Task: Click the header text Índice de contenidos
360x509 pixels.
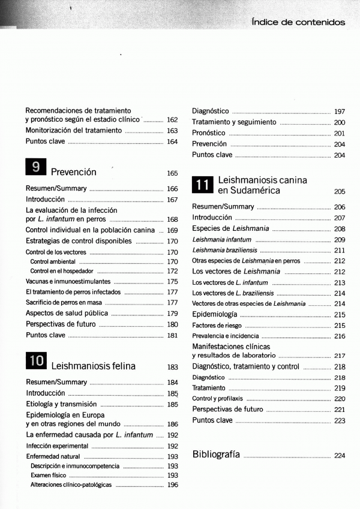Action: point(298,22)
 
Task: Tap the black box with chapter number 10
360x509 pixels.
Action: point(36,361)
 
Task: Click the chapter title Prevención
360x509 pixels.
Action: point(74,172)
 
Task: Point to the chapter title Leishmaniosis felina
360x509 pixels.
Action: point(94,366)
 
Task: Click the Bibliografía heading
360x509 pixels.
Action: point(216,454)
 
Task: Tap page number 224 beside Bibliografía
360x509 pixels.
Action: point(340,456)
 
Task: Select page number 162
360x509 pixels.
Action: point(172,120)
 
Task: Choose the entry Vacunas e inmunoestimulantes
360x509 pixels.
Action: point(68,281)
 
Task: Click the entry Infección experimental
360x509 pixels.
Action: point(57,446)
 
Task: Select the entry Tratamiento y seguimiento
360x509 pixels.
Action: point(234,122)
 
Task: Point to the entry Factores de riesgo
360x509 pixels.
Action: point(217,326)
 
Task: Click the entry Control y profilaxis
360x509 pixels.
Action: point(217,399)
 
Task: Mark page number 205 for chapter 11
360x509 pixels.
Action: point(340,192)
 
